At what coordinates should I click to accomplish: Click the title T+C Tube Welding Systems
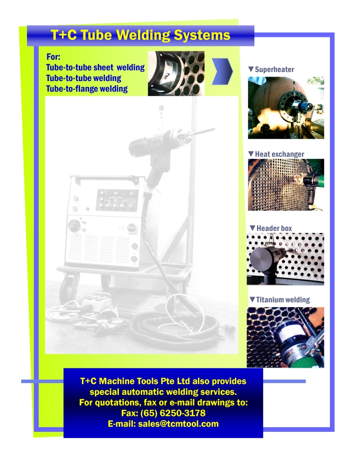click(140, 35)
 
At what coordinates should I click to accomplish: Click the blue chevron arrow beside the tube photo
click(222, 71)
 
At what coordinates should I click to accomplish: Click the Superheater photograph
click(286, 108)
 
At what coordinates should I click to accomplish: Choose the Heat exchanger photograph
click(286, 185)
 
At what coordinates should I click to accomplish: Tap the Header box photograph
click(285, 259)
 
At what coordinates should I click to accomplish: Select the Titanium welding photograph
click(285, 337)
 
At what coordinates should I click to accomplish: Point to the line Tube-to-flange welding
click(87, 89)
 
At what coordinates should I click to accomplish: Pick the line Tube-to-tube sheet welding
click(95, 68)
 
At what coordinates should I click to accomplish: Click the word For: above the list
click(54, 57)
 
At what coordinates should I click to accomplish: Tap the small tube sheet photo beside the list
click(176, 73)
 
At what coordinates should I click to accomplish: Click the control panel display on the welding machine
click(117, 199)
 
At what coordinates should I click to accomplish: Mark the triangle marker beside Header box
click(252, 228)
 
